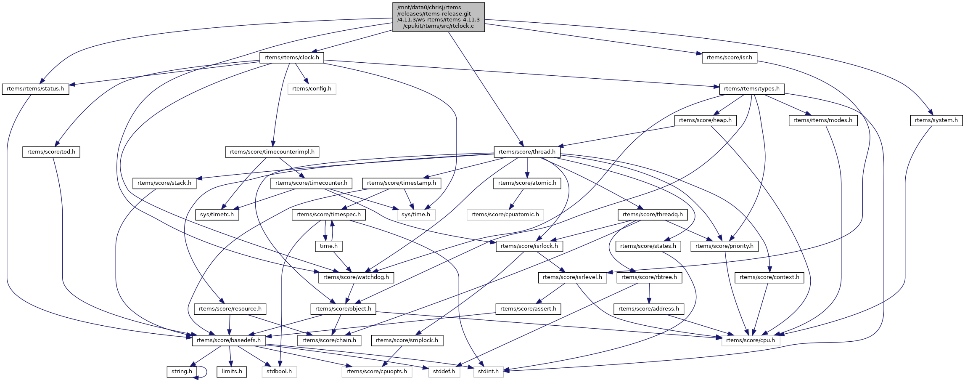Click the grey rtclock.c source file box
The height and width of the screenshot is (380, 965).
point(439,17)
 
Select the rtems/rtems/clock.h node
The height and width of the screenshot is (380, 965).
point(291,58)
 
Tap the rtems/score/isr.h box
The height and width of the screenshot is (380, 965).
point(729,58)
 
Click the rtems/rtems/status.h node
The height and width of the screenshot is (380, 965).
point(35,89)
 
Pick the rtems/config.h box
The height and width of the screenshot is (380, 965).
point(312,89)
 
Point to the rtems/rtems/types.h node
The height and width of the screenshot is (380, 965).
point(751,89)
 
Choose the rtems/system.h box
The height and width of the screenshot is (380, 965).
point(936,120)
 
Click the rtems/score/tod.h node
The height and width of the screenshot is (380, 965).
point(51,152)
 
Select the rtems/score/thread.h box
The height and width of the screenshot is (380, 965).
point(527,152)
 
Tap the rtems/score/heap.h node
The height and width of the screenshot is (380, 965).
point(705,120)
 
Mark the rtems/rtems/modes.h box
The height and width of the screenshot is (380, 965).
point(822,120)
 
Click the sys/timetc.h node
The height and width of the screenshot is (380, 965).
point(217,215)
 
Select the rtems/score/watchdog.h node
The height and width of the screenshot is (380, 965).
point(356,277)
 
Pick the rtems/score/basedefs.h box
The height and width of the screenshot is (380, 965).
point(229,340)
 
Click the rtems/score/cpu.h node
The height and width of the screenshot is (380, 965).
point(751,340)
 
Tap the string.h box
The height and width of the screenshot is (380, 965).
point(182,372)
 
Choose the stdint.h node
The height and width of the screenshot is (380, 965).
point(488,372)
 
